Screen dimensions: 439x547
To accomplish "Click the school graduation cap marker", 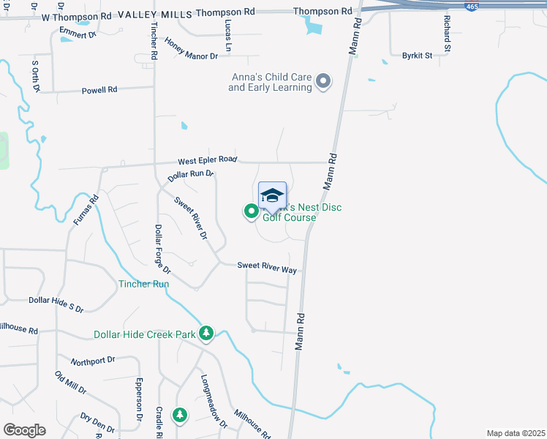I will coord(272,195).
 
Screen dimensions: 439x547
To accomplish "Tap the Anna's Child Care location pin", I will coord(323,81).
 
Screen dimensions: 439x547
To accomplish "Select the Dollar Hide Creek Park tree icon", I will coord(207,334).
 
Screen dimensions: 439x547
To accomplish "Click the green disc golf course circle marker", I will coord(251,211).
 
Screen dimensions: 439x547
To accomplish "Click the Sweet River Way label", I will coord(266,267).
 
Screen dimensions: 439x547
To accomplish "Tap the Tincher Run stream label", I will coord(144,284).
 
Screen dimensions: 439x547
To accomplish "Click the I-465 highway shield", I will coord(472,6).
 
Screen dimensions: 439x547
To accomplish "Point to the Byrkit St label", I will coord(417,55).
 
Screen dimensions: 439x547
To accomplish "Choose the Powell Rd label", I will coord(99,90).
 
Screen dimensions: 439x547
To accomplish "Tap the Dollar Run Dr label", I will coord(189,176).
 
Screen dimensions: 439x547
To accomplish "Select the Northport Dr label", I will coord(93,361).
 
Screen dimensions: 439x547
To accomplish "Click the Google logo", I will coord(24,430).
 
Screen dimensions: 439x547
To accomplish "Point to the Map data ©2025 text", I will coord(516,433).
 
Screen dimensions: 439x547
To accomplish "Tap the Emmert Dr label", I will coord(78,34).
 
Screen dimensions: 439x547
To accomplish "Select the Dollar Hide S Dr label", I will coord(56,300).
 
